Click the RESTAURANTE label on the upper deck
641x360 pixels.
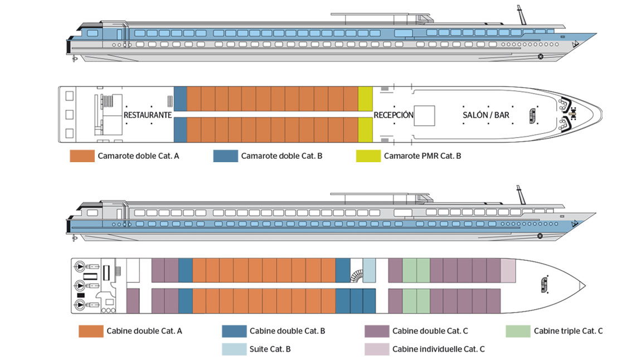coord(148,115)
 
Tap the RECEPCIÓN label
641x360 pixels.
coord(394,115)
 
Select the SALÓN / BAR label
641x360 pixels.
coord(486,115)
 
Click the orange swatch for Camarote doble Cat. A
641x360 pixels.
coord(82,156)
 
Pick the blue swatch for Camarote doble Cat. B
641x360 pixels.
coord(226,156)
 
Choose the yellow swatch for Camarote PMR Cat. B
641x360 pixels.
coord(368,156)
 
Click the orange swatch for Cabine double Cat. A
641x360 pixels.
coord(91,331)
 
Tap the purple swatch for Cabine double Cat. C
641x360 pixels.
coord(377,331)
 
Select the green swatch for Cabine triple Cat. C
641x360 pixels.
coord(518,331)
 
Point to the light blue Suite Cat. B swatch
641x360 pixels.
coord(234,349)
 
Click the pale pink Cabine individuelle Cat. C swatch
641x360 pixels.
coord(377,349)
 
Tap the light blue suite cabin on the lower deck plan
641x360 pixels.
coord(369,270)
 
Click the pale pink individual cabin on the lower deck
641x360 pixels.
coord(508,270)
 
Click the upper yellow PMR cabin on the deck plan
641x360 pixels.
coord(366,99)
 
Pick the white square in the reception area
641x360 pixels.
coord(424,115)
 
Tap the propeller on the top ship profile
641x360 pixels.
coord(74,59)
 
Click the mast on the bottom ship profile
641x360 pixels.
coord(521,194)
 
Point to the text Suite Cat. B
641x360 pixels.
coord(270,349)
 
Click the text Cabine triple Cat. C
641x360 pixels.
coord(568,331)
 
